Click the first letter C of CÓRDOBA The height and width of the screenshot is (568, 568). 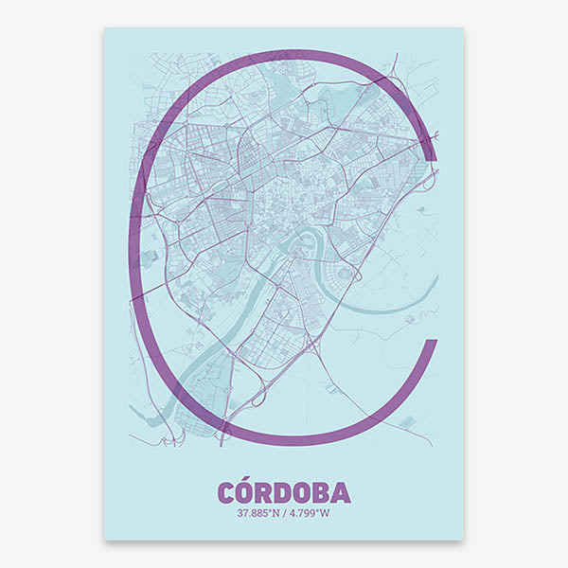coord(226,493)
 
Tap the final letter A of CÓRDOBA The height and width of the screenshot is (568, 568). coord(342,493)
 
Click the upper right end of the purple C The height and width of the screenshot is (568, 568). coord(431,151)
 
